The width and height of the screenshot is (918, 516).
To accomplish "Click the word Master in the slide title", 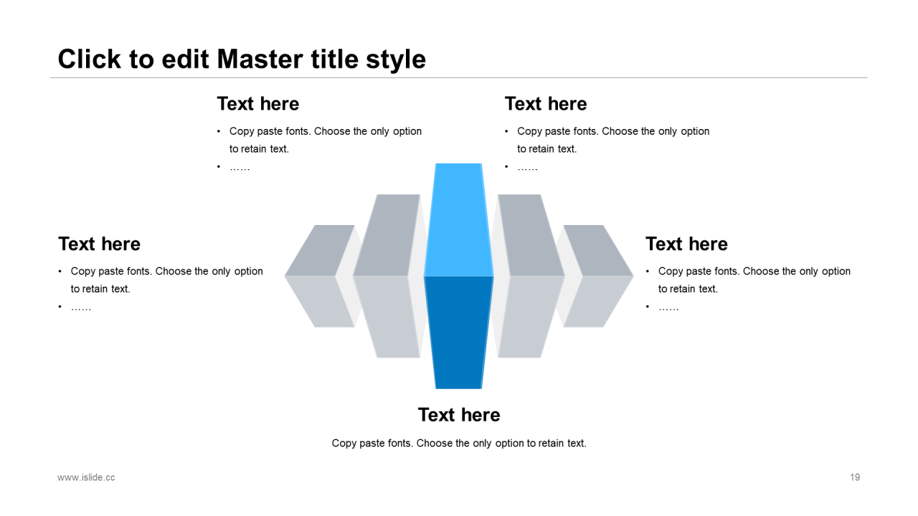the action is [260, 59].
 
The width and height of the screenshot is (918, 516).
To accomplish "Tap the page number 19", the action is [855, 477].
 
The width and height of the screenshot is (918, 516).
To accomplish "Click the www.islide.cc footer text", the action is [86, 477].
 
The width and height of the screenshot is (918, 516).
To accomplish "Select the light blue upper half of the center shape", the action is [458, 220].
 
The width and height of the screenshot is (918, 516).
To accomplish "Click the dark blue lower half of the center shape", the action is [458, 333].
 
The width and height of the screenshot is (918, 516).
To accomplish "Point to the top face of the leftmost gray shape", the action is [320, 250].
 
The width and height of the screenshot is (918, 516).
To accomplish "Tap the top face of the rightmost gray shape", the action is [598, 250].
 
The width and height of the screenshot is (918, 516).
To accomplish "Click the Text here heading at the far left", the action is [99, 244].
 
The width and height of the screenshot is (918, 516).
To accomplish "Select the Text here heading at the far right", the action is [686, 244].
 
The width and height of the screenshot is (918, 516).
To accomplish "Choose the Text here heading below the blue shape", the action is [459, 415].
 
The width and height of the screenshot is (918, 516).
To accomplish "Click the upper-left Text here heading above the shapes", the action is [257, 104].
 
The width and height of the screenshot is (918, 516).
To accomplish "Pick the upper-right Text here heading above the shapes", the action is [546, 104].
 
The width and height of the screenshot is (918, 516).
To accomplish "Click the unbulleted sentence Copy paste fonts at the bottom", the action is [459, 443].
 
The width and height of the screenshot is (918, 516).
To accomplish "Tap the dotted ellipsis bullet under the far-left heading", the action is [81, 307].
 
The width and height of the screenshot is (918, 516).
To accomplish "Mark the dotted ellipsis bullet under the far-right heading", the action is [668, 307].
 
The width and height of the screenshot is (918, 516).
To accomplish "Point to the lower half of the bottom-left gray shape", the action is [320, 302].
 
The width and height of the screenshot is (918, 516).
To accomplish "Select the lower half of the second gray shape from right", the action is [529, 317].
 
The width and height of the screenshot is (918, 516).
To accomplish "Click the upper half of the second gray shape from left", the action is [388, 235].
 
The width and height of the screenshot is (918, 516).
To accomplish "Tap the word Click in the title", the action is [90, 59].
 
